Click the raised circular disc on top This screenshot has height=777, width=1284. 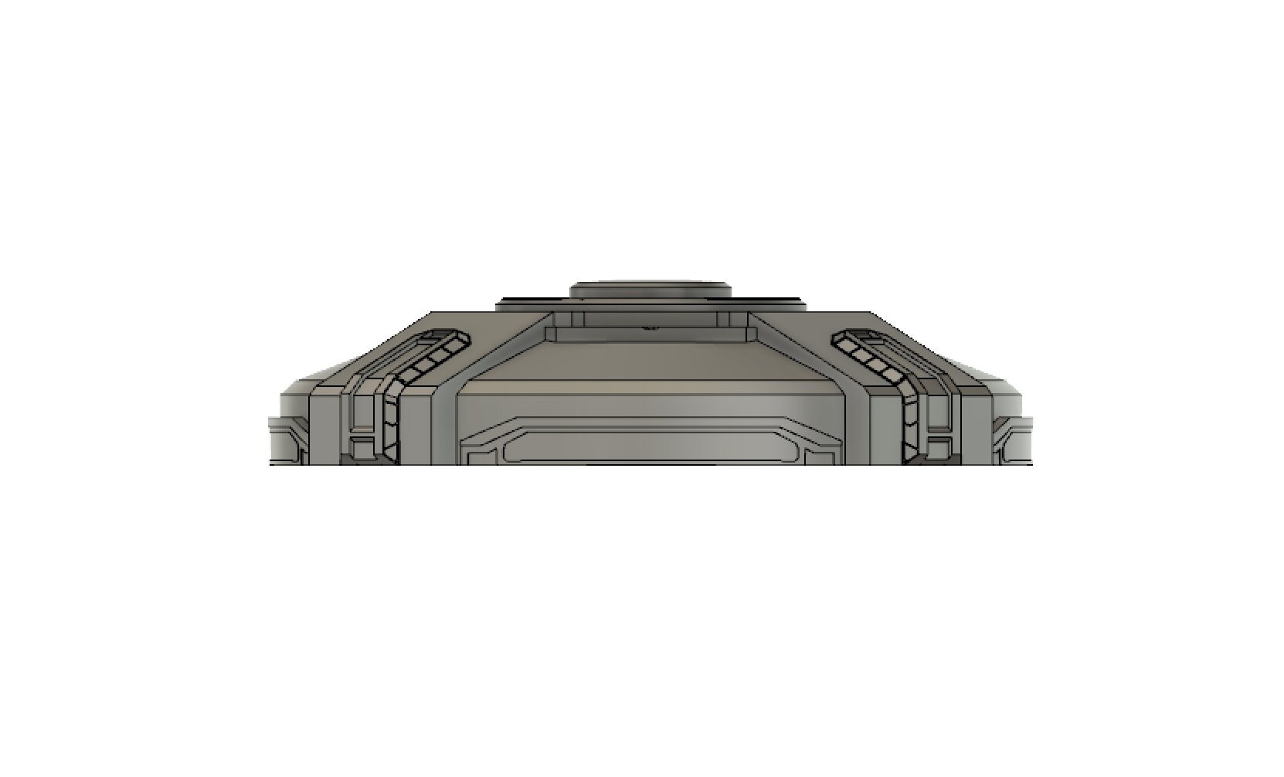click(650, 291)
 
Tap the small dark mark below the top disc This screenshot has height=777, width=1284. click(651, 327)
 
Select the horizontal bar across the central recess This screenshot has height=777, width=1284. click(650, 334)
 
